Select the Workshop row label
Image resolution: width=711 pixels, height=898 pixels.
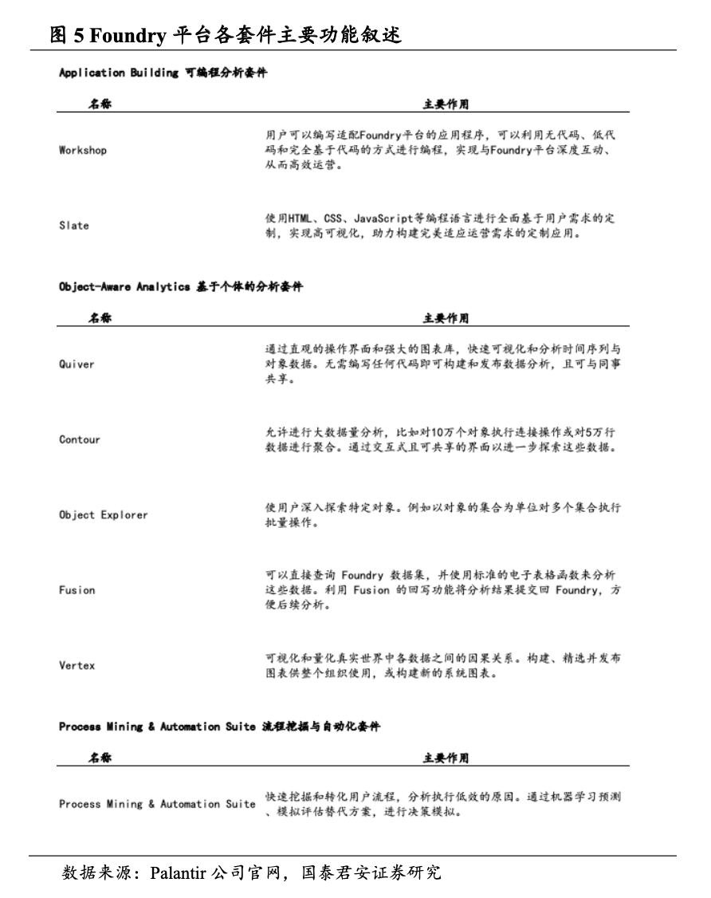pos(83,150)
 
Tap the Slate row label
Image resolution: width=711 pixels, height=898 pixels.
pos(74,226)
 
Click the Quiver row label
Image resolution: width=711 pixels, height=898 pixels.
pos(77,364)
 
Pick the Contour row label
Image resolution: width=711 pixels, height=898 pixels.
pos(80,439)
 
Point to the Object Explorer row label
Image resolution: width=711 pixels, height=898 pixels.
pos(104,515)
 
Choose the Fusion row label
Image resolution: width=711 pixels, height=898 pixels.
pos(77,590)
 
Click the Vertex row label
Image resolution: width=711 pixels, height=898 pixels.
pos(77,665)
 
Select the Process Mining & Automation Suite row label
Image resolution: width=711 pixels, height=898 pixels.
pos(157,804)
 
